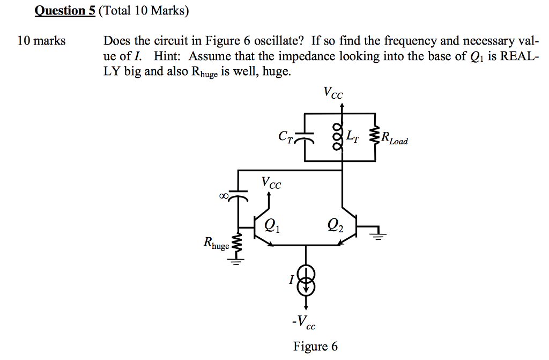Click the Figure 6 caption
315,347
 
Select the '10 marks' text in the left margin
41,41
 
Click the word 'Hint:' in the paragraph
167,56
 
